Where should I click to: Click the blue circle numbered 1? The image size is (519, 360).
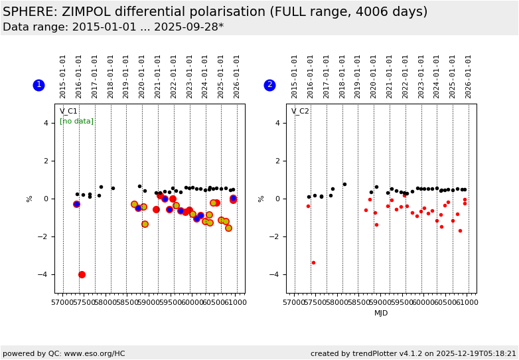click(x=38, y=85)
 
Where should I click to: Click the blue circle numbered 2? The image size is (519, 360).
click(x=269, y=85)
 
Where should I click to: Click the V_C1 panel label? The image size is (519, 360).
click(x=68, y=112)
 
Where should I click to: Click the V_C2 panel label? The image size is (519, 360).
click(x=300, y=112)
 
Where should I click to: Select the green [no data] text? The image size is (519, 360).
click(x=76, y=122)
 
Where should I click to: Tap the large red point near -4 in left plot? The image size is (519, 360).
click(x=82, y=274)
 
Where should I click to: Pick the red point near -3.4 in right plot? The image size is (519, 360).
click(x=313, y=262)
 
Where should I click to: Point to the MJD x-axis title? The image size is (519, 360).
click(x=381, y=313)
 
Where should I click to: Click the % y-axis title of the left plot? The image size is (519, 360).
click(x=29, y=199)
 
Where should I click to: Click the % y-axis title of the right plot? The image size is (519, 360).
click(x=261, y=199)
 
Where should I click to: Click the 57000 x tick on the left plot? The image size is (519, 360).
click(x=62, y=303)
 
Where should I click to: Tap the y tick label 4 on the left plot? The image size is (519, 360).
click(x=46, y=123)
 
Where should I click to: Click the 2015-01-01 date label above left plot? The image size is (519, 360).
click(x=63, y=76)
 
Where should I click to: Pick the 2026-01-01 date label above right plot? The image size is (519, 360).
click(x=469, y=76)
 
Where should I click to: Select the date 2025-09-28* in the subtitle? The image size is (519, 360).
click(x=188, y=27)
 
